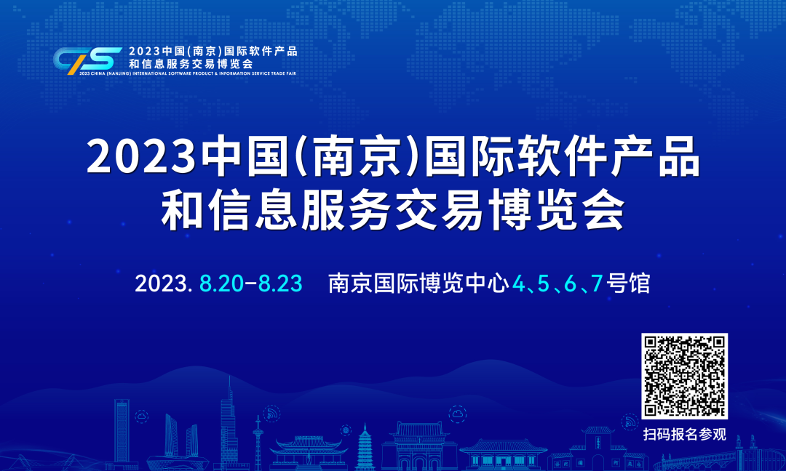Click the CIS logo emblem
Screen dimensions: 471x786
click(87, 59)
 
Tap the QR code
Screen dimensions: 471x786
click(684, 377)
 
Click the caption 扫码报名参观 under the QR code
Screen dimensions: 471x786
click(684, 435)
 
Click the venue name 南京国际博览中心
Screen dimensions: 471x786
click(418, 283)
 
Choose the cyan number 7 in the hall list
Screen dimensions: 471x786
click(596, 283)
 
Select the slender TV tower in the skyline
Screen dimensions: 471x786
click(258, 443)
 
